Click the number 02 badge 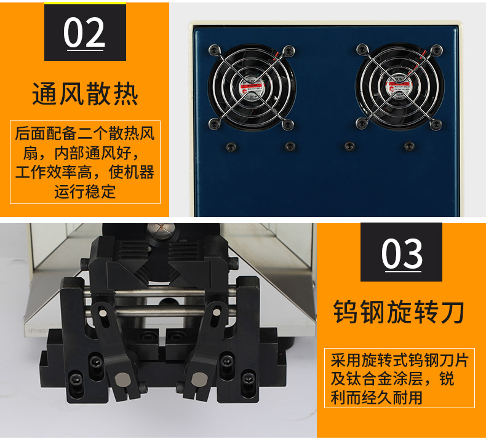pyautogui.click(x=85, y=33)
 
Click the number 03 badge pyautogui.click(x=401, y=253)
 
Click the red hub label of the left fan pyautogui.click(x=252, y=88)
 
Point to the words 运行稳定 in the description pyautogui.click(x=85, y=191)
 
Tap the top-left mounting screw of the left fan pyautogui.click(x=213, y=49)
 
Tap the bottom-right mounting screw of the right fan pyautogui.click(x=436, y=125)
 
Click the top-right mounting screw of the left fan pyautogui.click(x=288, y=49)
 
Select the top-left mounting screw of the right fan pyautogui.click(x=362, y=49)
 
